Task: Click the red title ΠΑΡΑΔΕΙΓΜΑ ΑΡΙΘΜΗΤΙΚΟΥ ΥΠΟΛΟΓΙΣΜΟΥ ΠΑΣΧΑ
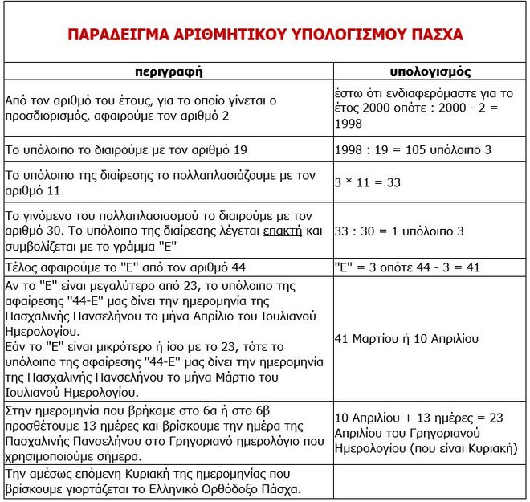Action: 265,36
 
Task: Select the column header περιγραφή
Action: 167,71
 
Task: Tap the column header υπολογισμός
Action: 425,71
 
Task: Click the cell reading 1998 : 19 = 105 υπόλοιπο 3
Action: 414,149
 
